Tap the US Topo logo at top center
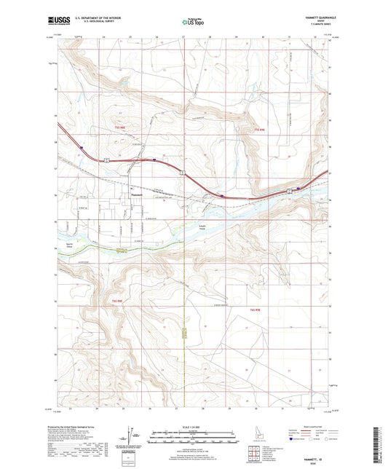pos(193,23)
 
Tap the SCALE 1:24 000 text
pos(193,427)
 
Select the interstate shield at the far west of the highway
pos(82,147)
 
